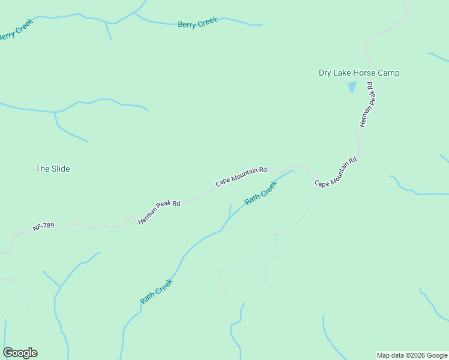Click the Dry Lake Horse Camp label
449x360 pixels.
pos(358,73)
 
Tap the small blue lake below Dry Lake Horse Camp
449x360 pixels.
pos(352,86)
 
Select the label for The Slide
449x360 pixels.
pos(53,169)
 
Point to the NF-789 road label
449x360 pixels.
pos(44,227)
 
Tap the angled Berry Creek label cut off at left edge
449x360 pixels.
pos(16,30)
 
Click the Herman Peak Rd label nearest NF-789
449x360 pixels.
pos(159,212)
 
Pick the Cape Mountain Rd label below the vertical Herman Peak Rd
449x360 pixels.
pos(336,172)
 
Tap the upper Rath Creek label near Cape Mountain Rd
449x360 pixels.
pos(261,193)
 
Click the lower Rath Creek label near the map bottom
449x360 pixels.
pos(156,291)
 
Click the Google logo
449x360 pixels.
pos(20,353)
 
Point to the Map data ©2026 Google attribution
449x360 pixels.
pos(412,355)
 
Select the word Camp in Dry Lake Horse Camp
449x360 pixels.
pos(389,73)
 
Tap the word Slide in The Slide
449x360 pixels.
pos(61,169)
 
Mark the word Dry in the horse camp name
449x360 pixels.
pos(325,73)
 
